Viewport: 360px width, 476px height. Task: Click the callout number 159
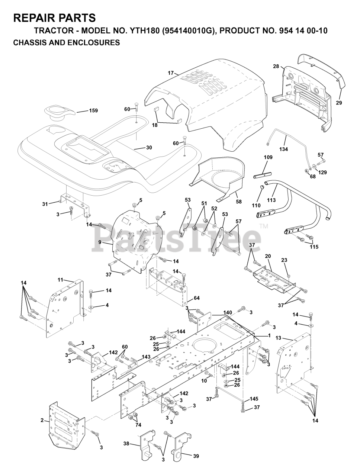pos(93,111)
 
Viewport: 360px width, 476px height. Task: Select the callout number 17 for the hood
pos(171,73)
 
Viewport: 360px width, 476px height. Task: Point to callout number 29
pos(339,103)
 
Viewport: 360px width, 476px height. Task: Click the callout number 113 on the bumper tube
pos(271,200)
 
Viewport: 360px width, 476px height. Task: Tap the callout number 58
pos(238,202)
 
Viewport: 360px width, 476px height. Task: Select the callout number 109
pos(268,157)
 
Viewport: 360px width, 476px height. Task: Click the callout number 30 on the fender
pos(149,148)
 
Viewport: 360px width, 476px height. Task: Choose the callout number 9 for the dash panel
pos(100,242)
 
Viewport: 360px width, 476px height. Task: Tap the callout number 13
pos(279,338)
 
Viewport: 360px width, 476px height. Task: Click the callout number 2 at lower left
pos(42,420)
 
